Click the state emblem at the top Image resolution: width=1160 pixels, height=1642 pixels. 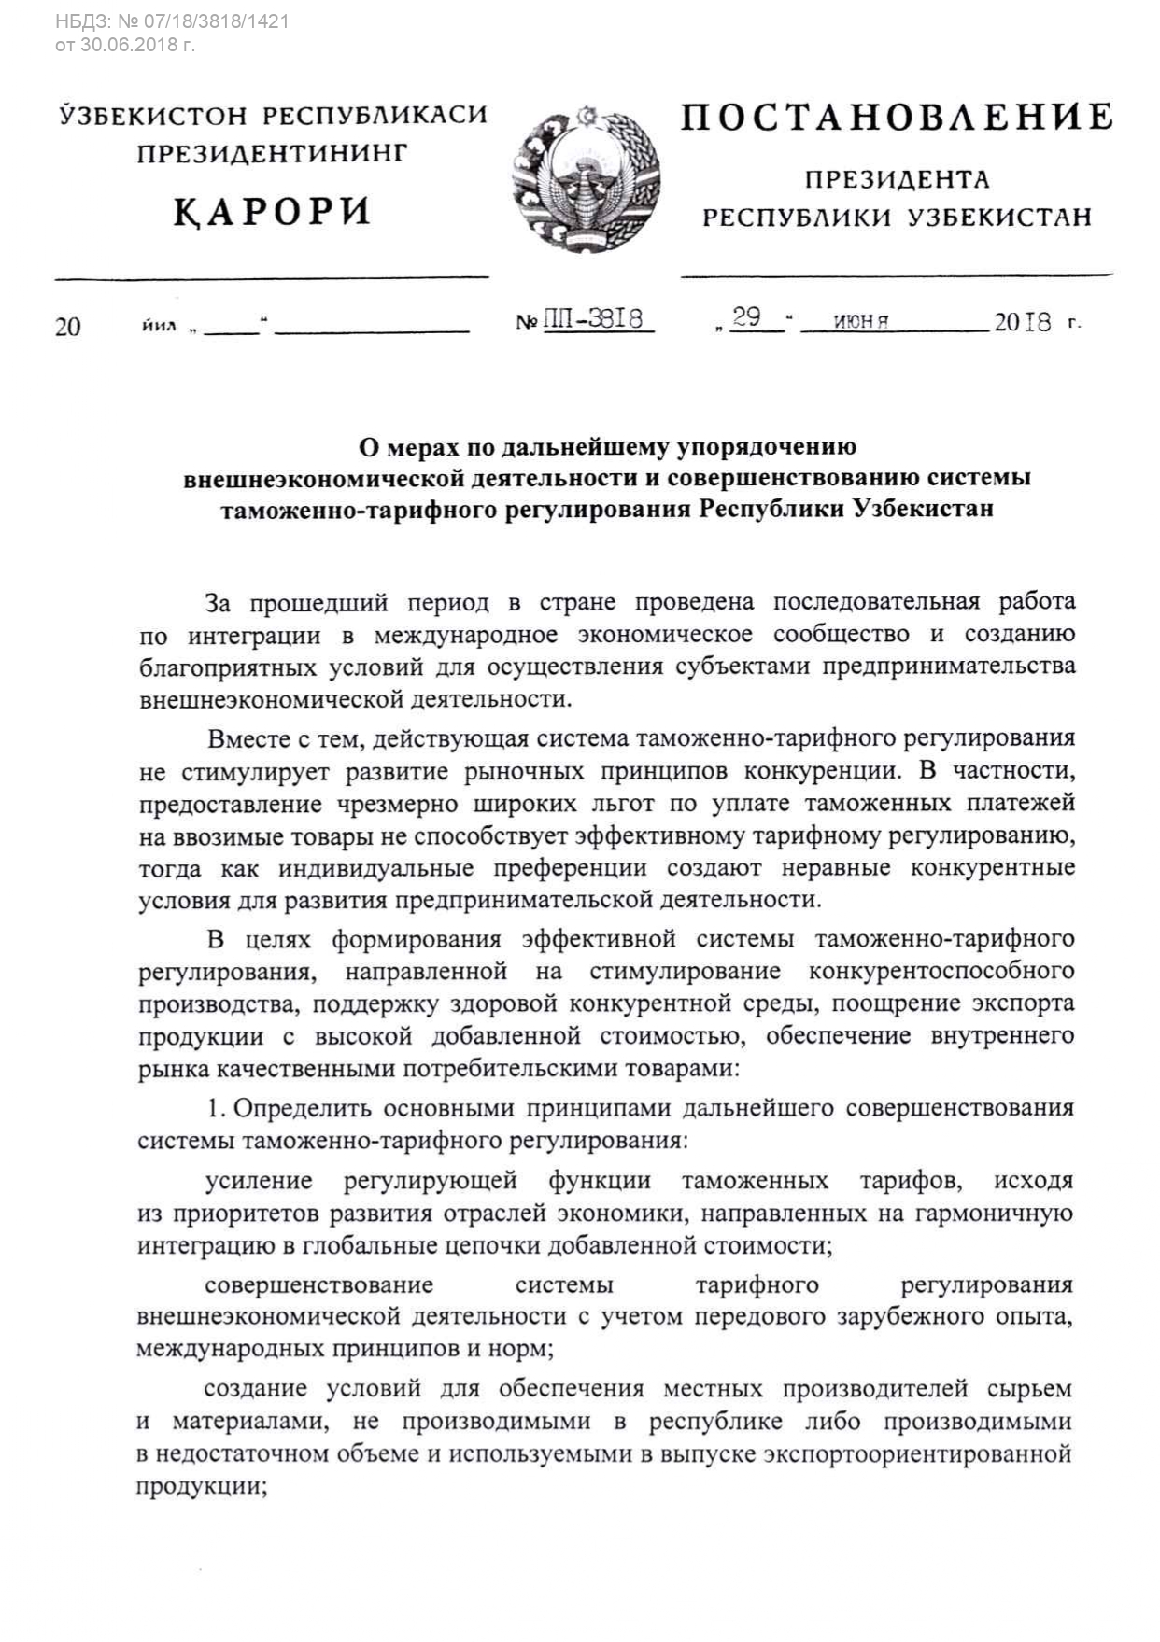pos(587,178)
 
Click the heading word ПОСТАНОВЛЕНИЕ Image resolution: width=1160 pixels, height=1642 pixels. pos(897,119)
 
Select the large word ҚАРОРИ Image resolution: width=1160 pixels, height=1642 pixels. pos(272,212)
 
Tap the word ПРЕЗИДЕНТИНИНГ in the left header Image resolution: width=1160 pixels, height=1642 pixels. pos(273,153)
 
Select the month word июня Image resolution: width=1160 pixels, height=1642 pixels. pos(860,322)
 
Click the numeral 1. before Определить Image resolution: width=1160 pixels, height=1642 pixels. pos(216,1108)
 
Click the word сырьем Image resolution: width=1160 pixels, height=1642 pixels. pos(1029,1388)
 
